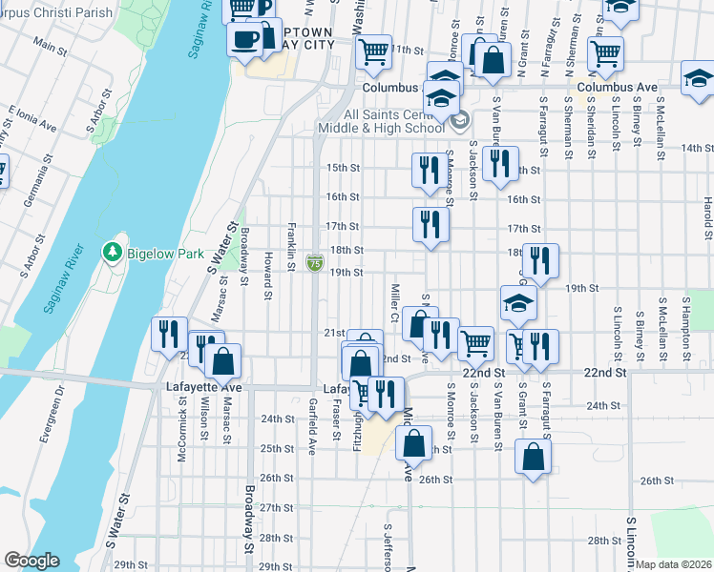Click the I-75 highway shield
tap(314, 262)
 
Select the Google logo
tap(31, 561)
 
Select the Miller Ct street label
tap(395, 301)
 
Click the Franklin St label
tap(290, 246)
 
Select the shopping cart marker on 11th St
tap(373, 51)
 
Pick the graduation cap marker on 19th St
tap(518, 304)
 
